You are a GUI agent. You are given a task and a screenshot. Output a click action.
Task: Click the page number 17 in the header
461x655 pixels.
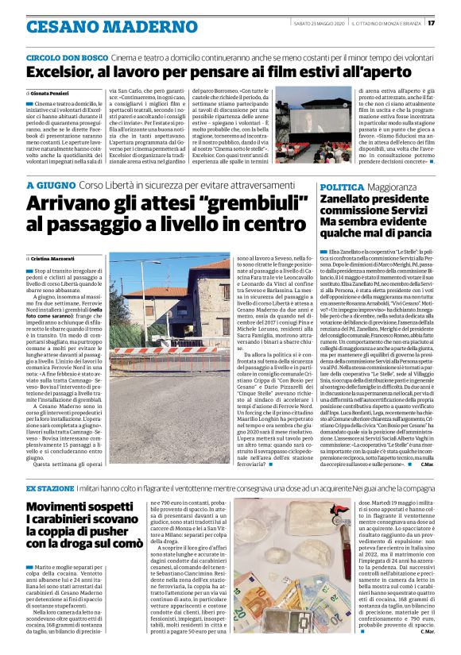[x=452, y=23]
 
